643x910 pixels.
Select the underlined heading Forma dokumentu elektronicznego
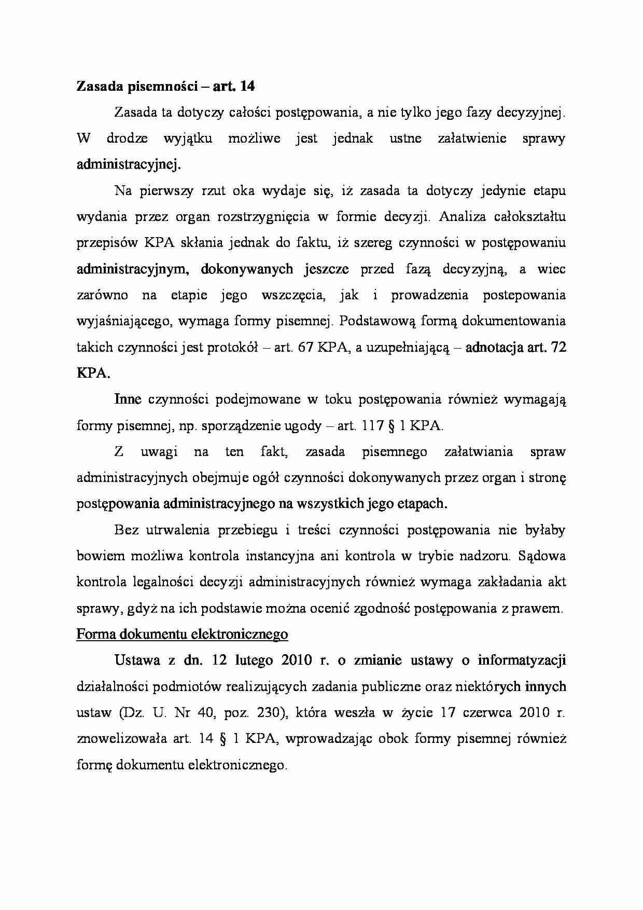pyautogui.click(x=182, y=634)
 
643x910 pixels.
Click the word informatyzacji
pyautogui.click(x=522, y=660)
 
